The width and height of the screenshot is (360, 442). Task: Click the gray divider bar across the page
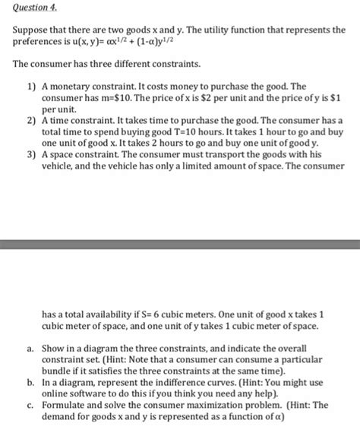pos(180,245)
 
